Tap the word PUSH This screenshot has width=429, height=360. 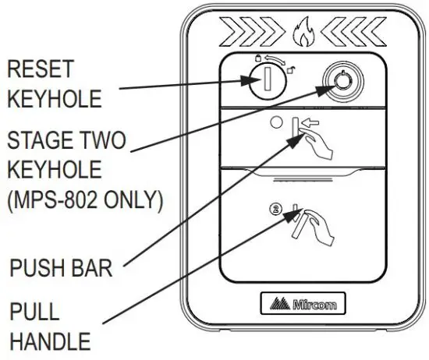(39, 270)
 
